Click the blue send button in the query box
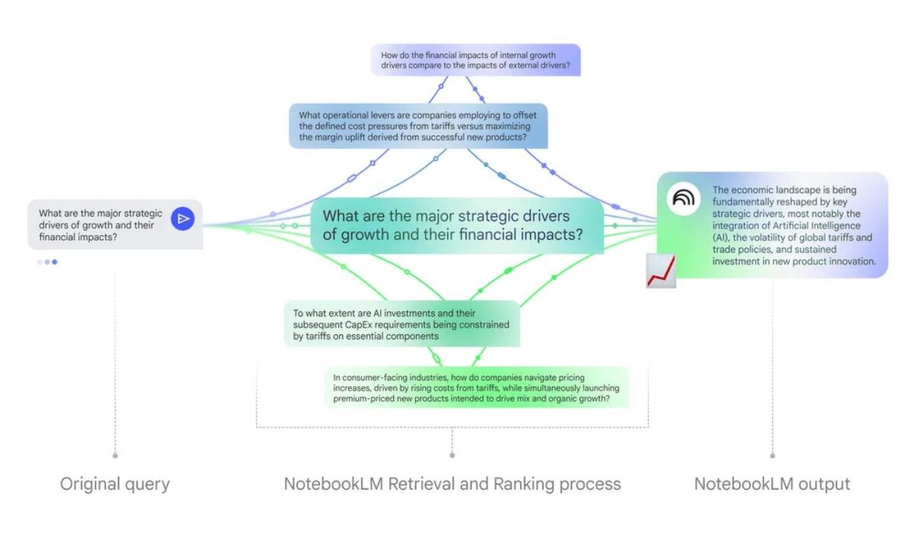pos(182,219)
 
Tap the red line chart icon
pos(660,271)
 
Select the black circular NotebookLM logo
pos(683,199)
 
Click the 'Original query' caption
pos(115,484)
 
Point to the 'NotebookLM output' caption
pos(772,484)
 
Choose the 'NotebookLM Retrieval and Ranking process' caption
pos(452,484)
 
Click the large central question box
pos(456,225)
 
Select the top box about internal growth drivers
pos(475,60)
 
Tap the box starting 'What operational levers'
pos(418,126)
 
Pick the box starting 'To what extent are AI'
pos(401,324)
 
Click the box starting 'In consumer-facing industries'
pos(476,388)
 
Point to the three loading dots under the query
pos(46,262)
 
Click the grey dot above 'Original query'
pos(115,455)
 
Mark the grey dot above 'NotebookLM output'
pos(772,455)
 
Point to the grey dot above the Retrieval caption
pos(452,455)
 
